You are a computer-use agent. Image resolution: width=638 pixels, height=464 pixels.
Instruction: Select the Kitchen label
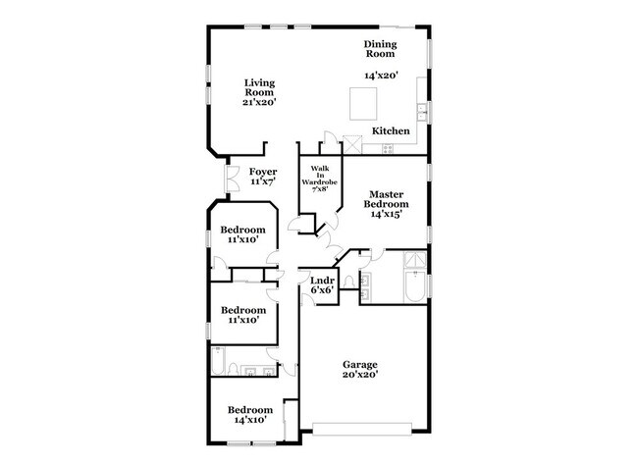[391, 130]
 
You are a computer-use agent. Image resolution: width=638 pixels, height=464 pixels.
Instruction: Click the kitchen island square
[363, 101]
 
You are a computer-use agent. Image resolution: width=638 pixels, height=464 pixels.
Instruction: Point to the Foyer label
[262, 172]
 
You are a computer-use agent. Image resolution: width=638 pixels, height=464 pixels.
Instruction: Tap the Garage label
[358, 365]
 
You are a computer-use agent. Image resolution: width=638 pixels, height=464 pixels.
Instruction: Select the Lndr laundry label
[323, 281]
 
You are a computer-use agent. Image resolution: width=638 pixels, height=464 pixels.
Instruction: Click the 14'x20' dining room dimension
[383, 76]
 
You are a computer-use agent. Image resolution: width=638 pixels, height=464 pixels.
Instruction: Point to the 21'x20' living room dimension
[260, 101]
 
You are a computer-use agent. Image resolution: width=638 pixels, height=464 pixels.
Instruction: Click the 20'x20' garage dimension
[358, 375]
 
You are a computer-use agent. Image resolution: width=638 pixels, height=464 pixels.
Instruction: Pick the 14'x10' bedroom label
[249, 420]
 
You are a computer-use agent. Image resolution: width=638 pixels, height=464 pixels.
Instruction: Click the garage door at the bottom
[362, 427]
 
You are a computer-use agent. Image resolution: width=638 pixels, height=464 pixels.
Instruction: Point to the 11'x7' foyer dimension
[262, 181]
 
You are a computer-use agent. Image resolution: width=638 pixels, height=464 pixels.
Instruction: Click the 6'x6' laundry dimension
[323, 290]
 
